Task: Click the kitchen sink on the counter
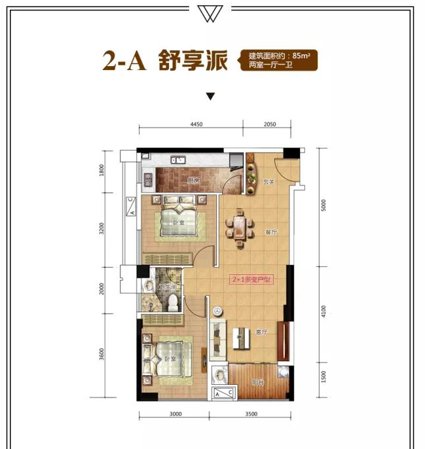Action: coord(177,160)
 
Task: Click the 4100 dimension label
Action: coord(324,314)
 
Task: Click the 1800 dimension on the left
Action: coord(102,173)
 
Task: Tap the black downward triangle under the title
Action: coord(211,98)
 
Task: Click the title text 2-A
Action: coord(126,61)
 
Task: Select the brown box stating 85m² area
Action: coord(278,61)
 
